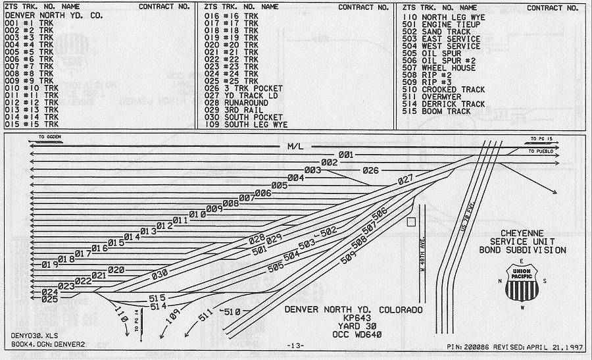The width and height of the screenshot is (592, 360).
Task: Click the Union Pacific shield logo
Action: click(x=524, y=282)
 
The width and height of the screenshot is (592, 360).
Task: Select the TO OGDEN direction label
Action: click(x=49, y=138)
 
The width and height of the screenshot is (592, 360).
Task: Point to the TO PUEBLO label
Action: click(x=543, y=151)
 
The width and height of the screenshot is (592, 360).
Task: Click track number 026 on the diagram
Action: click(x=371, y=171)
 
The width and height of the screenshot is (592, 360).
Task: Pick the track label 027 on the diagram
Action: click(x=405, y=179)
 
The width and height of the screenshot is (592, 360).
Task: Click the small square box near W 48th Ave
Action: click(x=411, y=222)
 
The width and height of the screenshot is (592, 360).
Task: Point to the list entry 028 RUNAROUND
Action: click(x=236, y=103)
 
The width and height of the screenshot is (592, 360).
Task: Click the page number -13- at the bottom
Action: click(x=295, y=346)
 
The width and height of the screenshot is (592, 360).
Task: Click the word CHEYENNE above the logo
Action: click(x=524, y=234)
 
